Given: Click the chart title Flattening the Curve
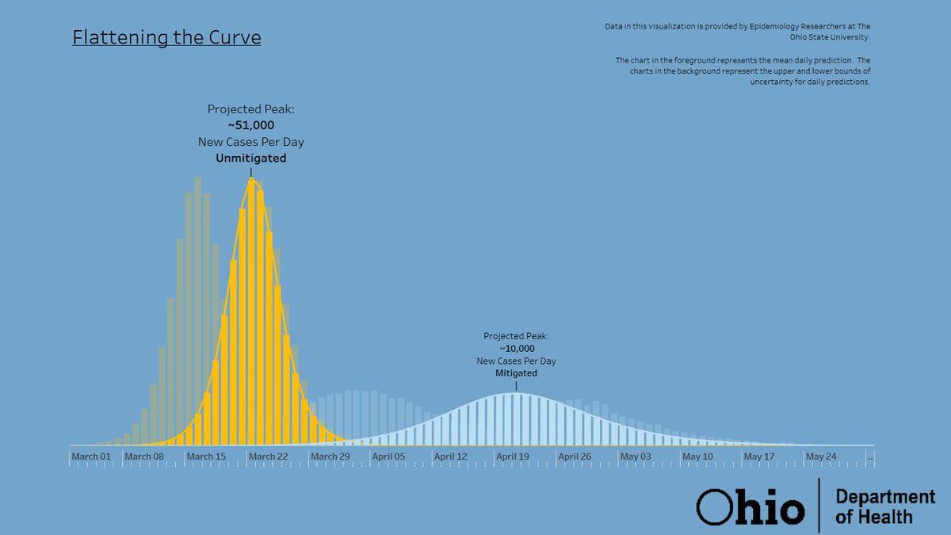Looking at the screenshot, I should coord(166,37).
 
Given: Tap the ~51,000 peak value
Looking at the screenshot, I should coord(251,125).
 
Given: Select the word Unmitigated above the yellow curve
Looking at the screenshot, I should coord(251,159).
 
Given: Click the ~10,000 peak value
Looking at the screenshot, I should coord(517,349).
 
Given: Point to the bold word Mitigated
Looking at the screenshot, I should coord(517,373).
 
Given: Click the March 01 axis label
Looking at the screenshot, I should coord(91,457).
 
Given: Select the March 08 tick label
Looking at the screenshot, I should coord(144,457).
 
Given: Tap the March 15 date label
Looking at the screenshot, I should coord(206,457).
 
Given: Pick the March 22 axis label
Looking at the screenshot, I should coord(268,457).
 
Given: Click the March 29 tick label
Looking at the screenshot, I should coord(330,457).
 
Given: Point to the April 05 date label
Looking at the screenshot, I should coord(388,457).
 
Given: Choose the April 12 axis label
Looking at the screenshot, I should coord(451,457).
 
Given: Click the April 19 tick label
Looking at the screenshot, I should coord(513,457).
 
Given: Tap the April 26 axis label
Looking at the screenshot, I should coord(575,457).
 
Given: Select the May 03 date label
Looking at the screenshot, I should coord(636,457).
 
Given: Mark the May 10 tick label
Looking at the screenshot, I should coord(697,457).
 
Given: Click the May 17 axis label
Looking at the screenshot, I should coord(759,457).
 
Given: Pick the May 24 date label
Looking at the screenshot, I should coord(821,457).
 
